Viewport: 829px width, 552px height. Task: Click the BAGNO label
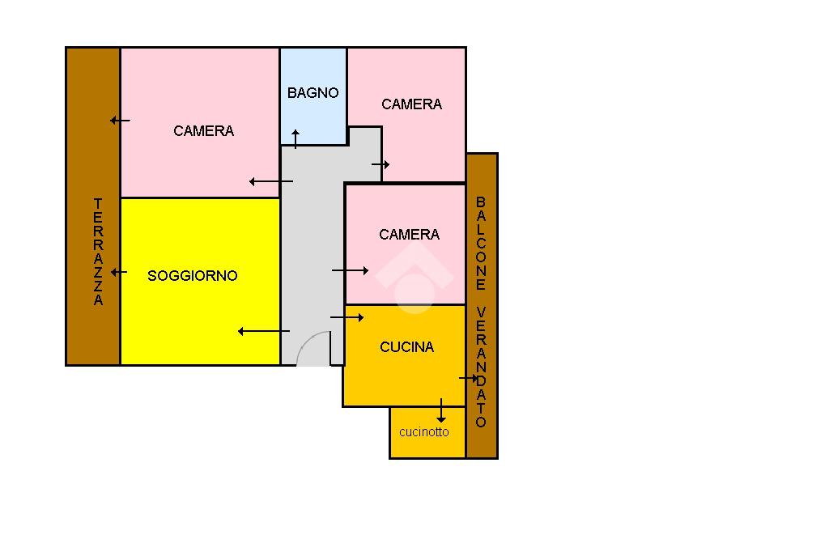(312, 93)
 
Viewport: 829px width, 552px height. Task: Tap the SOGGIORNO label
(193, 276)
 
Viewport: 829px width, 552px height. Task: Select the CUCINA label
(406, 347)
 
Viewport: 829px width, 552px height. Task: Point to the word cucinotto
(423, 432)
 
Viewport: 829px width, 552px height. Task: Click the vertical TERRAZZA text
(98, 252)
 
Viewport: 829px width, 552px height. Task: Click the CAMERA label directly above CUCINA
(409, 235)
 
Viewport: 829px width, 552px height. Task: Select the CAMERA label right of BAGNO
(411, 104)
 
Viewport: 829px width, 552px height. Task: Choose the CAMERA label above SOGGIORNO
(203, 131)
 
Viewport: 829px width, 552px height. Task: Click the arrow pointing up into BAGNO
(295, 138)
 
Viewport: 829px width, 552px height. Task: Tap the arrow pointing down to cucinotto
(440, 410)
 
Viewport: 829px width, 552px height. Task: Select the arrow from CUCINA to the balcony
(469, 378)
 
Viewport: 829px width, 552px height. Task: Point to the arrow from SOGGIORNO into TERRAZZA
(119, 272)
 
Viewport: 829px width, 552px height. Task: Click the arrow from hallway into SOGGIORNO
(263, 331)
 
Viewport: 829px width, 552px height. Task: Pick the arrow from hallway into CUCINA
(346, 318)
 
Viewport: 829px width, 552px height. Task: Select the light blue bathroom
(313, 113)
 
